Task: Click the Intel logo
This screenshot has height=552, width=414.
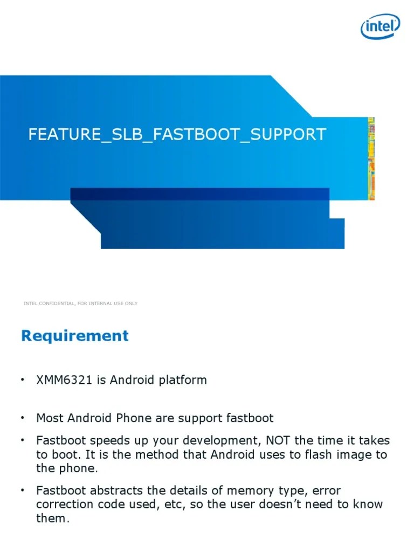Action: (x=380, y=26)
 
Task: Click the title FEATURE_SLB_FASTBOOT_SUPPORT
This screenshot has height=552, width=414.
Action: (x=177, y=134)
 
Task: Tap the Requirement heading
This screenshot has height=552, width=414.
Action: (x=75, y=336)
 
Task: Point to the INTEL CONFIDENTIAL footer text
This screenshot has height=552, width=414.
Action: (x=80, y=303)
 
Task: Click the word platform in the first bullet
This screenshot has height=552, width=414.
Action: (x=183, y=380)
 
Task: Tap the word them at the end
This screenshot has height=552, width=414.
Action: (x=52, y=519)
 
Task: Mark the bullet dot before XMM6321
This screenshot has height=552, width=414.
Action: (x=23, y=380)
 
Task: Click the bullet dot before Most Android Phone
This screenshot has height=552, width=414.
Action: (x=23, y=418)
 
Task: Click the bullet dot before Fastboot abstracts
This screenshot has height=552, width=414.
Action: (x=23, y=491)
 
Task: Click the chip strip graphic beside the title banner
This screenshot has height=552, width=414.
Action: (x=371, y=158)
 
